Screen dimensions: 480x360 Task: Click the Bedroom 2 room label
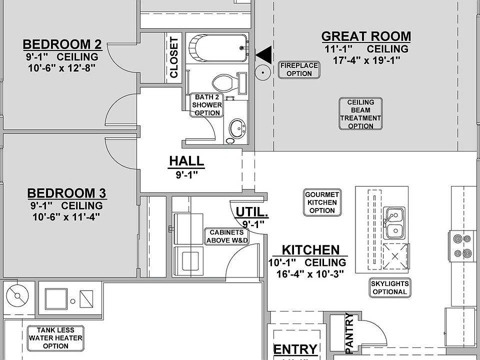coord(62,44)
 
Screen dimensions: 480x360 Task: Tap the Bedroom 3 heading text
coord(66,193)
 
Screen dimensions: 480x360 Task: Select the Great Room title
coord(366,36)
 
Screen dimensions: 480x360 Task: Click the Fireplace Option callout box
coord(299,70)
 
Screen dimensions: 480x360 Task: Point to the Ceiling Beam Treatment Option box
coord(360,114)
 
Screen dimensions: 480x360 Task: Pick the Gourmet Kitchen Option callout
coord(322,202)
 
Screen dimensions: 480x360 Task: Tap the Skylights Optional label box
coord(389,288)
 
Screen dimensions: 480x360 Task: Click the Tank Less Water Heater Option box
coord(55,338)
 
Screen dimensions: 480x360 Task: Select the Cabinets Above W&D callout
coord(227,236)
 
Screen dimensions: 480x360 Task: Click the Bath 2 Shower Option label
coord(207,105)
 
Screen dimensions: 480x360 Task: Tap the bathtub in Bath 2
coord(218,48)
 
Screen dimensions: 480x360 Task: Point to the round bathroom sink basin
coord(237,129)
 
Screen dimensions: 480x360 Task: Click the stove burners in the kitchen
coord(462,246)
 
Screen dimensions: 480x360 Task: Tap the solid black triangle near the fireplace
coord(265,55)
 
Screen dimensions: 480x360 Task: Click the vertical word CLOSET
coord(174,57)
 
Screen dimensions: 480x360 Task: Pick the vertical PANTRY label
coord(349,333)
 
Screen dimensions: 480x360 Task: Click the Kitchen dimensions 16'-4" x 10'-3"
coord(310,273)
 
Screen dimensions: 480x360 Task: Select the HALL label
coord(186,161)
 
